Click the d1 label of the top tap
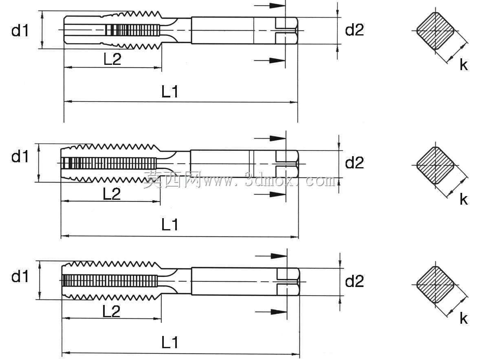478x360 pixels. tap(20, 31)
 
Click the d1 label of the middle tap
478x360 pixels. tap(20, 157)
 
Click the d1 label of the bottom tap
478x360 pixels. tap(20, 276)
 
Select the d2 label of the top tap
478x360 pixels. tap(354, 30)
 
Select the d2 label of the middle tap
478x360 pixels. tap(354, 163)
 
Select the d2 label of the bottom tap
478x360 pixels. tap(354, 281)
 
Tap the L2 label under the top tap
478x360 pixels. tap(112, 59)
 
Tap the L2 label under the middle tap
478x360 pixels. tap(112, 193)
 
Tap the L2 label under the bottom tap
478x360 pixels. tap(111, 311)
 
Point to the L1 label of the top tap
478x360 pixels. tap(170, 91)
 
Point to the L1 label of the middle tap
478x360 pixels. tap(170, 225)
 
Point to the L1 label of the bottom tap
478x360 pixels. tap(170, 342)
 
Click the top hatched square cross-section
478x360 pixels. tap(435, 31)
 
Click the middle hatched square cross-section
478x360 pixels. tap(435, 166)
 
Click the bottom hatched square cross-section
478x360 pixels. tap(435, 284)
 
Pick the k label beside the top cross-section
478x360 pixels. tap(464, 65)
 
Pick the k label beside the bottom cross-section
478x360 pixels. tap(464, 318)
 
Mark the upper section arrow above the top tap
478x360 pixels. tap(269, 6)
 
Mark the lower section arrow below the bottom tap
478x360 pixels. tap(271, 312)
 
